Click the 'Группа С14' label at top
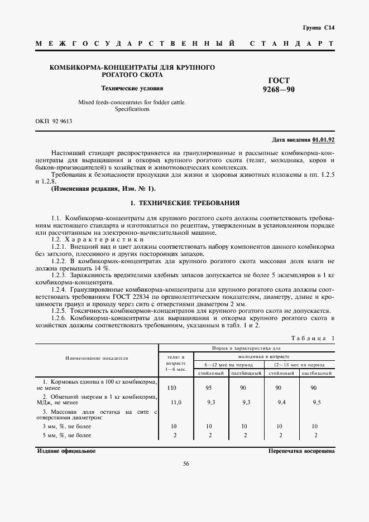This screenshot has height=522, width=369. tap(318, 27)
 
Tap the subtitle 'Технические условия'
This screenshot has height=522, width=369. tap(132, 88)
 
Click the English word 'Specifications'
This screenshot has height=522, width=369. tap(132, 109)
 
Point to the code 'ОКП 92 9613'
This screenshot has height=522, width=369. tap(54, 121)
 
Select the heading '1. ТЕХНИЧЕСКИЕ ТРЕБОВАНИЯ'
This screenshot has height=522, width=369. tap(184, 203)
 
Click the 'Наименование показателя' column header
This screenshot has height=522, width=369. tap(97, 358)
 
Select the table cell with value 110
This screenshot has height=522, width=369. tap(172, 387)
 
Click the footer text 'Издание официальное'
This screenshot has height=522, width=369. tap(66, 450)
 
